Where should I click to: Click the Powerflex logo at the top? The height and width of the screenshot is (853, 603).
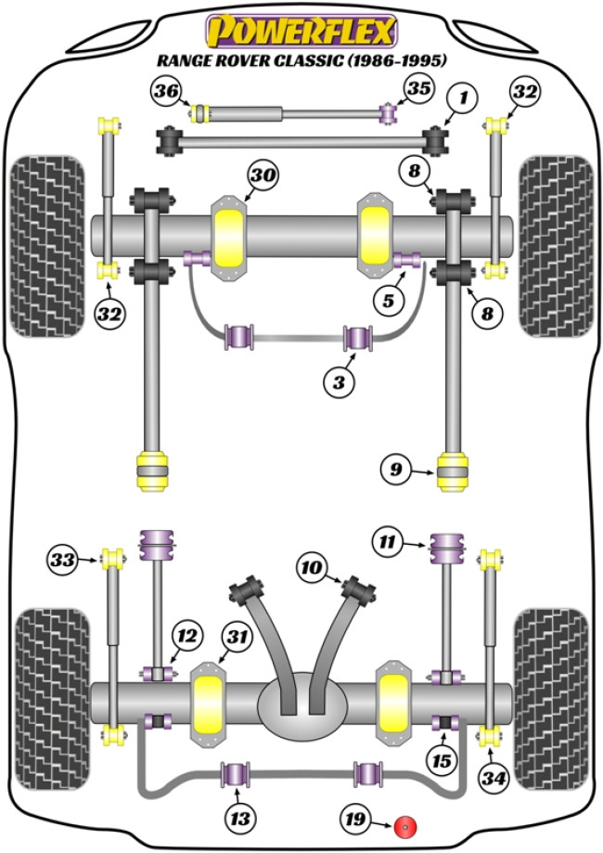(x=301, y=32)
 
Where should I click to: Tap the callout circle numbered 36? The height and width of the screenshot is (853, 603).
(x=168, y=91)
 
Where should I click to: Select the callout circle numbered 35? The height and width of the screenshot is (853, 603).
(x=416, y=90)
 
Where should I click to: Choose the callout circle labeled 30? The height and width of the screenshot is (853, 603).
(x=263, y=175)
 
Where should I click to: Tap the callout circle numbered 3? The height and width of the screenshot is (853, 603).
(x=338, y=381)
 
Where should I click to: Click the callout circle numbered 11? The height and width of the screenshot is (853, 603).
(x=388, y=540)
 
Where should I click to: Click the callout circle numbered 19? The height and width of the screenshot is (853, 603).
(x=357, y=821)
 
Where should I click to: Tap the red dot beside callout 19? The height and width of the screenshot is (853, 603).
(x=404, y=825)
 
